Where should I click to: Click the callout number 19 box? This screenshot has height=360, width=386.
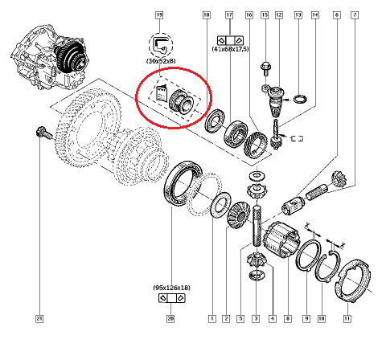pyautogui.click(x=159, y=15)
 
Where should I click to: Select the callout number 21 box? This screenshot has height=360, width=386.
pyautogui.click(x=38, y=319)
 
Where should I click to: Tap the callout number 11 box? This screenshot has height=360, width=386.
pyautogui.click(x=347, y=319)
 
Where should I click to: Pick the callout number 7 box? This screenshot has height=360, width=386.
pyautogui.click(x=355, y=15)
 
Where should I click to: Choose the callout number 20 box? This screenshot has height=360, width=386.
pyautogui.click(x=170, y=319)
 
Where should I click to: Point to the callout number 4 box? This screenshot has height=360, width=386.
pyautogui.click(x=273, y=319)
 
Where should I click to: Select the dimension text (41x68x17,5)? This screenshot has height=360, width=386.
pyautogui.click(x=229, y=50)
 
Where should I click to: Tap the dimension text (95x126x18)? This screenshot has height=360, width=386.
pyautogui.click(x=170, y=287)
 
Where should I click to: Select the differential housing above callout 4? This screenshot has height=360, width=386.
pyautogui.click(x=281, y=240)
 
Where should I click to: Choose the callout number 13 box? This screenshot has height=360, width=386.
pyautogui.click(x=298, y=15)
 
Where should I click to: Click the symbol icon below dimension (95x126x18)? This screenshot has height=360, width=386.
pyautogui.click(x=170, y=299)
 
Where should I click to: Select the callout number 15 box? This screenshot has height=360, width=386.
pyautogui.click(x=262, y=15)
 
